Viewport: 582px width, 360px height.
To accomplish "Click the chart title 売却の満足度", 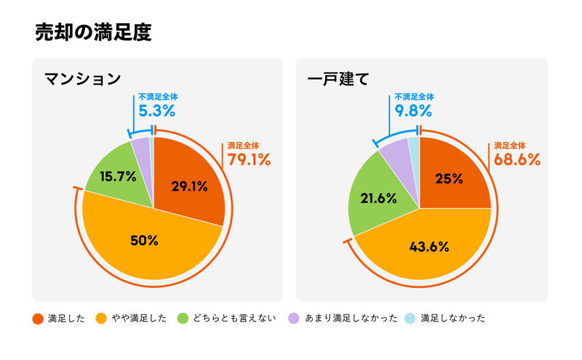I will [x=93, y=33].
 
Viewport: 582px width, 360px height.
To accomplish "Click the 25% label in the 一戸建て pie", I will [x=449, y=179].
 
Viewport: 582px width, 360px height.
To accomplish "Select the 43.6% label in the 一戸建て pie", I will [x=429, y=246].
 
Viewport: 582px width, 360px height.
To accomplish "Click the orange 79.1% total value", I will [x=250, y=159].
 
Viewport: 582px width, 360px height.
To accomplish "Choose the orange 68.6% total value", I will [x=517, y=159].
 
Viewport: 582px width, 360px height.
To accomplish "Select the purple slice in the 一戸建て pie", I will [x=397, y=153].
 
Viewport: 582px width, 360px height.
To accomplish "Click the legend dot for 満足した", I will [x=38, y=319].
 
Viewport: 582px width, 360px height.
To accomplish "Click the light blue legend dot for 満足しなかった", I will [x=410, y=319].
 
